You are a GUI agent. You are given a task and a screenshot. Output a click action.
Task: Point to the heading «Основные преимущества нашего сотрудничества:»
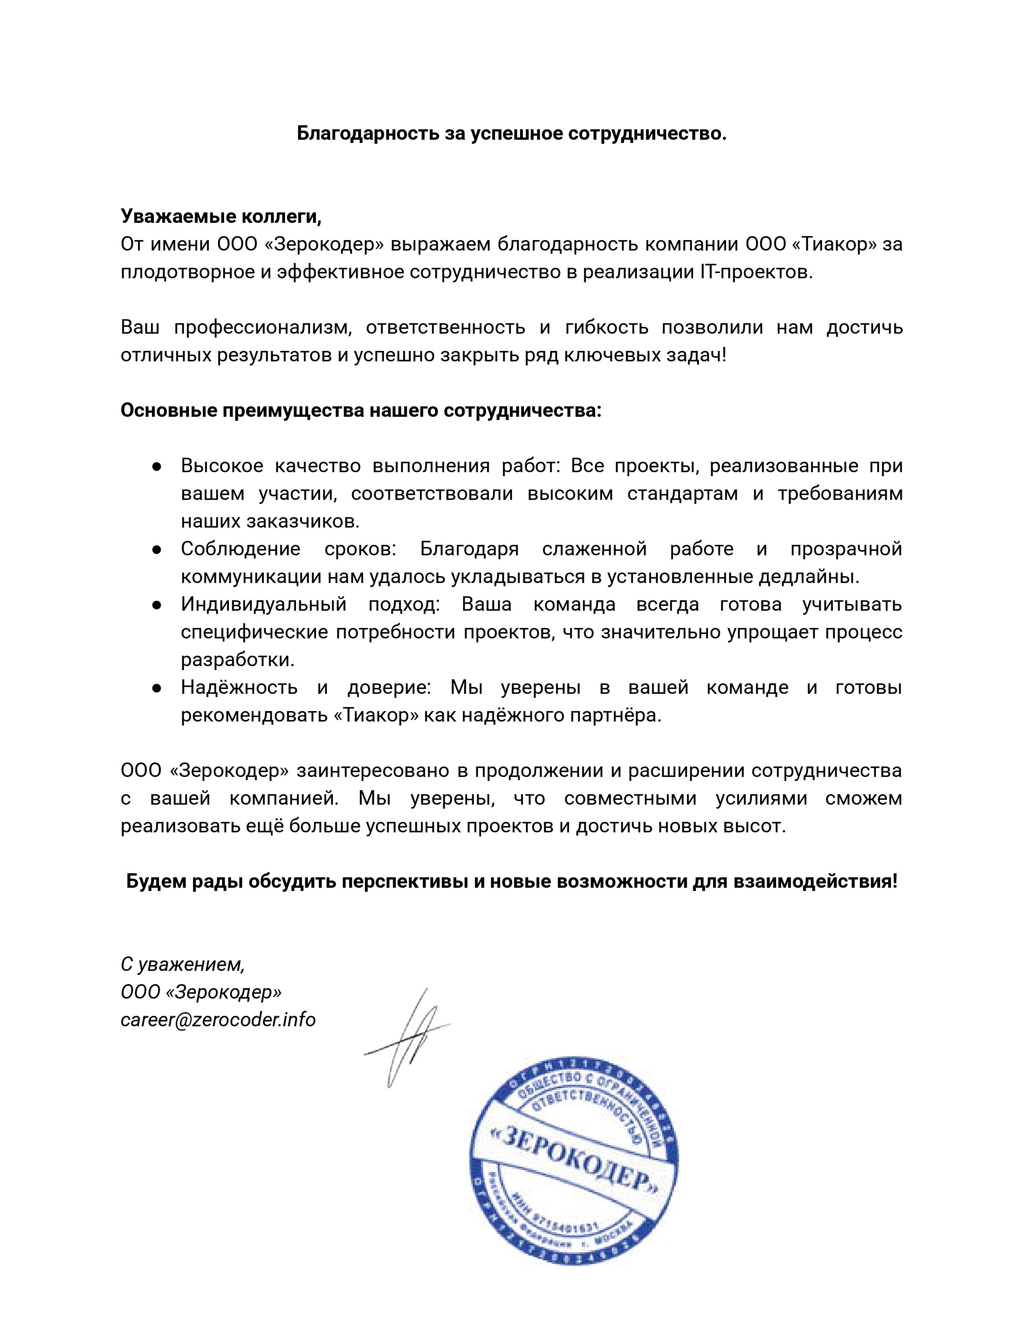(x=361, y=411)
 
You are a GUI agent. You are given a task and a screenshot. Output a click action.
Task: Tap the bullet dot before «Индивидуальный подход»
(x=157, y=605)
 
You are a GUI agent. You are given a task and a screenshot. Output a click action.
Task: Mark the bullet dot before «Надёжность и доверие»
(x=157, y=688)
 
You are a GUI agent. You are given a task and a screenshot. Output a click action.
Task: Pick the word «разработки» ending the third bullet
(x=237, y=660)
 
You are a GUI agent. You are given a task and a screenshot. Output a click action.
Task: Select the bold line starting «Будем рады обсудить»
(x=511, y=881)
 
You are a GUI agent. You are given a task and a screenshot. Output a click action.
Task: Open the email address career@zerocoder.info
(x=218, y=1020)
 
